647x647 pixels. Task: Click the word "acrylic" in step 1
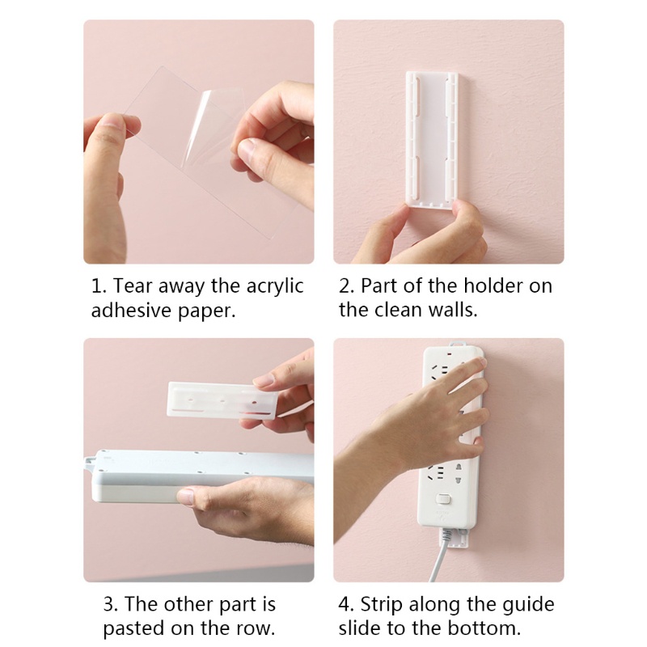coord(275,286)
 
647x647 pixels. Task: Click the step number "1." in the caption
coord(99,286)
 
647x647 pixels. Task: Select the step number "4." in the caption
coord(346,605)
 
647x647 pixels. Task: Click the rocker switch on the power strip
coord(443,499)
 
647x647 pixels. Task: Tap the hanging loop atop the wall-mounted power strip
coord(456,344)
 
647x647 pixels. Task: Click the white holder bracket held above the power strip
coord(223,400)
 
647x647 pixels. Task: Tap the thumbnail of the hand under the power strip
coord(188,497)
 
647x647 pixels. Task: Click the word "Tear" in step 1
coord(131,286)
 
